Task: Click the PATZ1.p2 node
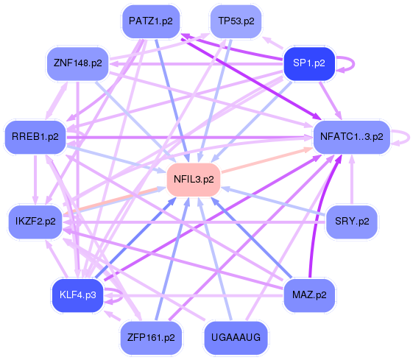[x=150, y=21]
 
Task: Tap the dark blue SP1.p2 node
[x=309, y=63]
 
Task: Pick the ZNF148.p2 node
[x=77, y=63]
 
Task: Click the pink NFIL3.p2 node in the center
[x=194, y=179]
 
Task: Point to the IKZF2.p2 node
[x=35, y=221]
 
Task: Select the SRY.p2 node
[x=351, y=220]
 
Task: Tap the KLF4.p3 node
[x=77, y=295]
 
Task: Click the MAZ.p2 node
[x=309, y=294]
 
